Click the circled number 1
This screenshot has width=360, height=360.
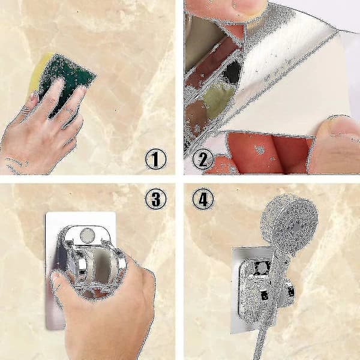coord(155,159)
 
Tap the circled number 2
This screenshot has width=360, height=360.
coord(203,159)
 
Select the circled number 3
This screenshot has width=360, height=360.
coord(155,199)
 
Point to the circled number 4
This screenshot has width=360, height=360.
coord(203,199)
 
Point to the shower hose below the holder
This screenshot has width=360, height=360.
coord(262,340)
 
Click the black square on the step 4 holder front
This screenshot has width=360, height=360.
coord(265,296)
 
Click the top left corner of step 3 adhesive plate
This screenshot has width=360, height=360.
coord(46,213)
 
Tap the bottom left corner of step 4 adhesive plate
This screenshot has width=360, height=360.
coord(232,334)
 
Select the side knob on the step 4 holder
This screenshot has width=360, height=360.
coord(290,292)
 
